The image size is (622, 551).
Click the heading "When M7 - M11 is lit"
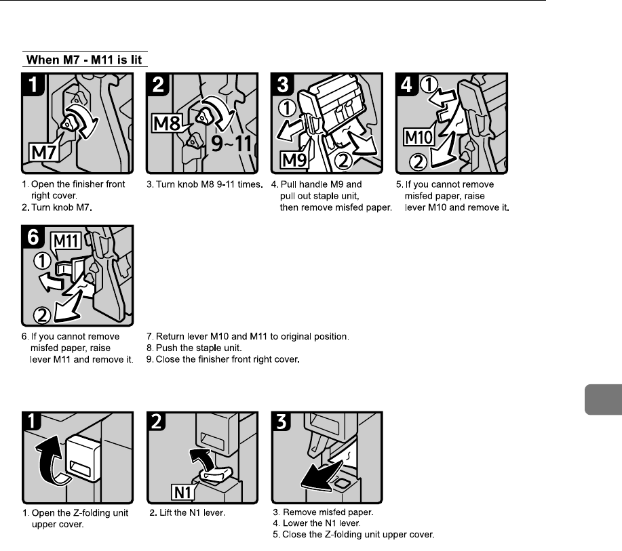(84, 59)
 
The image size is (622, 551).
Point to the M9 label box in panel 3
(293, 161)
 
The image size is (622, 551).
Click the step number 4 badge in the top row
(407, 83)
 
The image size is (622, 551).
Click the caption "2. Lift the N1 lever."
(187, 513)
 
